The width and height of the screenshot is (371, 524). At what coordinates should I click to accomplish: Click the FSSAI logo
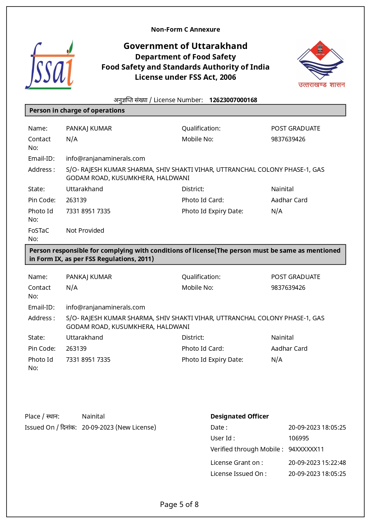click(50, 65)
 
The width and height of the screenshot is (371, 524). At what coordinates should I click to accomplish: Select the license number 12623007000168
click(233, 100)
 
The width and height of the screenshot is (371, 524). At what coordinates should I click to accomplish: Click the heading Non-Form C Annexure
click(185, 30)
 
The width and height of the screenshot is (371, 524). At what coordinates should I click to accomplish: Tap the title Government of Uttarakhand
click(185, 46)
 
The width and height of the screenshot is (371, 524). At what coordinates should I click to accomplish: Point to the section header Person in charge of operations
click(77, 111)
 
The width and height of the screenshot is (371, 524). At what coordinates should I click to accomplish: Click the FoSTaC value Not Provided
click(85, 231)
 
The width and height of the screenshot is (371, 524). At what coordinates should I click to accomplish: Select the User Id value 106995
click(298, 438)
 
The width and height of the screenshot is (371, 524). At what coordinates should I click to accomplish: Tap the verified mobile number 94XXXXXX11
click(306, 449)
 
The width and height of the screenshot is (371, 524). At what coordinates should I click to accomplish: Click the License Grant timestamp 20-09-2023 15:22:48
click(317, 463)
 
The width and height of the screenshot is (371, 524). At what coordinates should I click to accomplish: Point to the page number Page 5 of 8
click(179, 505)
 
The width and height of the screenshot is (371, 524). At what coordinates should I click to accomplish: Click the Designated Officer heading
click(239, 416)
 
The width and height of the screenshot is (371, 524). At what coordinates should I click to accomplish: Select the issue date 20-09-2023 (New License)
click(119, 428)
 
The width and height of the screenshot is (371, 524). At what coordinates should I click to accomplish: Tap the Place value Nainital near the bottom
click(93, 416)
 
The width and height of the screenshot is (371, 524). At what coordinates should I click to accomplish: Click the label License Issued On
click(238, 474)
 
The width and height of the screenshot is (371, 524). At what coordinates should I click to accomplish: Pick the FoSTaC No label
click(38, 235)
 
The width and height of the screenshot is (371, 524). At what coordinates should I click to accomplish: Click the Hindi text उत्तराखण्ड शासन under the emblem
click(321, 85)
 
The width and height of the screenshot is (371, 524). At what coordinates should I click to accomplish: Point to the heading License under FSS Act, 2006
click(185, 77)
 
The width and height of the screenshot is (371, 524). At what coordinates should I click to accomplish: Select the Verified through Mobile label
click(247, 449)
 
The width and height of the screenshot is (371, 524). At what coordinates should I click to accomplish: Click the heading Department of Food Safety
click(185, 57)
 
